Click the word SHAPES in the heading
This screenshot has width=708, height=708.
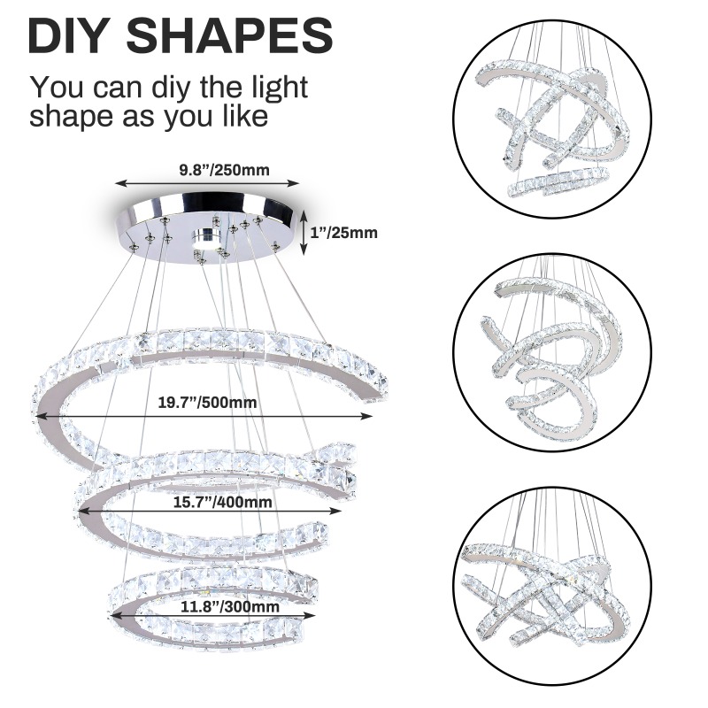pyautogui.click(x=229, y=35)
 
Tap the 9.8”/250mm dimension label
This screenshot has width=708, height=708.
pyautogui.click(x=225, y=170)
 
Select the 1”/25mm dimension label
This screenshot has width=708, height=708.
pyautogui.click(x=344, y=233)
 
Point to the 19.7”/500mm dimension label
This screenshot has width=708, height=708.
pyautogui.click(x=207, y=403)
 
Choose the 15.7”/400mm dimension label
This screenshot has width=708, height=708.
pyautogui.click(x=223, y=502)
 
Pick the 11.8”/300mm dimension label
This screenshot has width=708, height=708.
pyautogui.click(x=230, y=606)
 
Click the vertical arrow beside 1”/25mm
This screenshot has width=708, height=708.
pyautogui.click(x=304, y=232)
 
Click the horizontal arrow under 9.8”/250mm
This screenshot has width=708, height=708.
pyautogui.click(x=207, y=183)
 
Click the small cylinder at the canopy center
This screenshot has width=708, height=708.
pyautogui.click(x=206, y=238)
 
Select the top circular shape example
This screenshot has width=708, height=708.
pyautogui.click(x=552, y=119)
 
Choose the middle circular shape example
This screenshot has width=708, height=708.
pyautogui.click(x=552, y=352)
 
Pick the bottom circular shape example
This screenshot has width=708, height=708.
pyautogui.click(x=552, y=585)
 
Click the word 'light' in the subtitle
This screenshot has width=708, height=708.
pyautogui.click(x=278, y=88)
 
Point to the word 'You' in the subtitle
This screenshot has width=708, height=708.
pyautogui.click(x=58, y=87)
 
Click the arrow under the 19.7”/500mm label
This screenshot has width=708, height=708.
pyautogui.click(x=205, y=416)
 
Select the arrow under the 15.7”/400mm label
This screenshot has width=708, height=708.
pyautogui.click(x=210, y=511)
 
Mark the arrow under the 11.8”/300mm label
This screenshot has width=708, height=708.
pyautogui.click(x=212, y=615)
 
